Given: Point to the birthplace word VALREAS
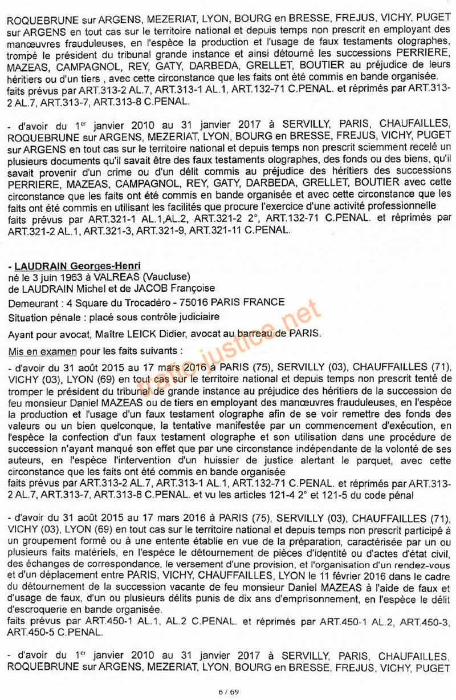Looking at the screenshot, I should point(83,277).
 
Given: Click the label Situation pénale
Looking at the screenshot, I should point(42,317).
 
